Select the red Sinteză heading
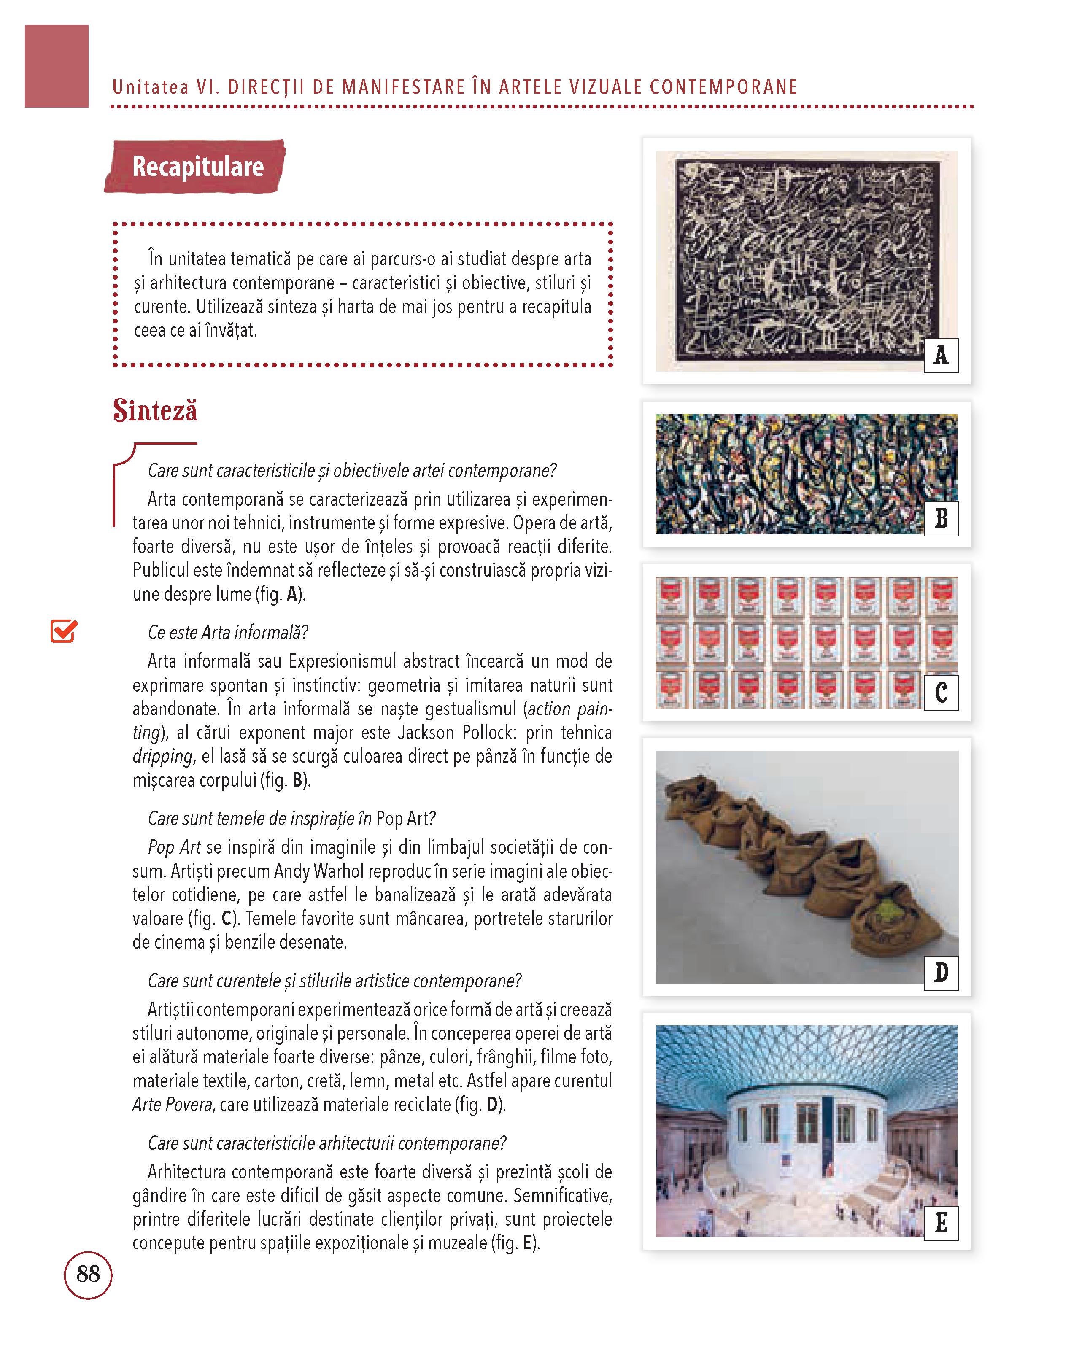click(155, 410)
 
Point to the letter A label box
click(941, 356)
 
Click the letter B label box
click(941, 518)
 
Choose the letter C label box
click(941, 693)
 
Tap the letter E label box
click(941, 1222)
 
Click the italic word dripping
click(162, 756)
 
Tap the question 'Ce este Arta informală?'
click(228, 633)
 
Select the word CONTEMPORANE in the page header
click(723, 87)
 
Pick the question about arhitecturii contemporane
click(327, 1143)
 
